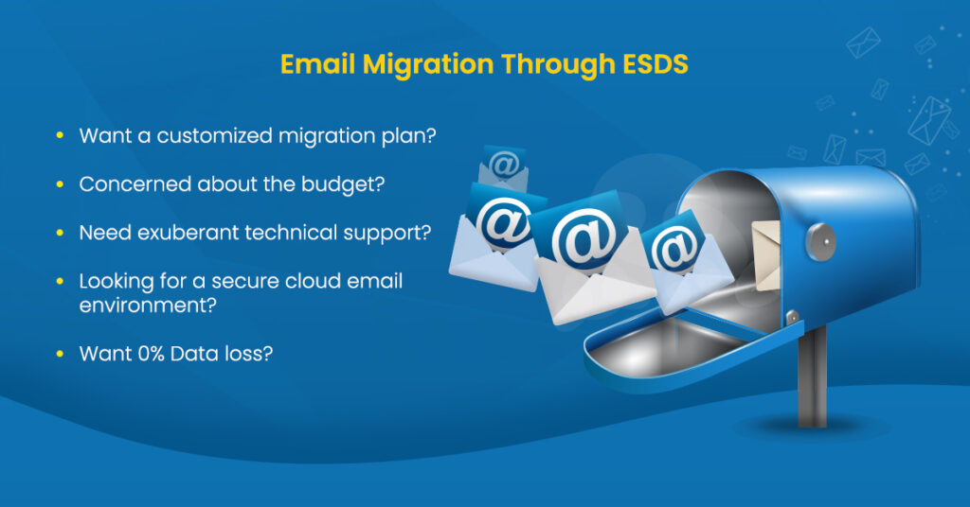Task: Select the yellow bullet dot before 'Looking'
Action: point(60,282)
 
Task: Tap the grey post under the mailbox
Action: point(812,378)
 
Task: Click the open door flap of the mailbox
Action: point(663,341)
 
